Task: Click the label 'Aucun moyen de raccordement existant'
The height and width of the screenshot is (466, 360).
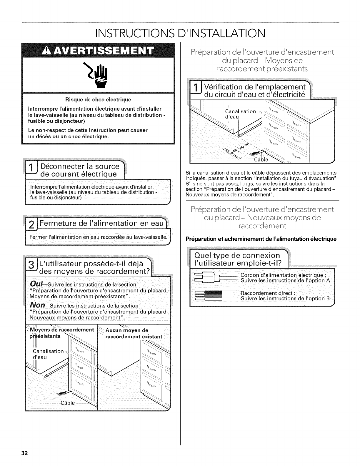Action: coord(134,333)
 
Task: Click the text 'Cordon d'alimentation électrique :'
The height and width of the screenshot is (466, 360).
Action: coord(283,275)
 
